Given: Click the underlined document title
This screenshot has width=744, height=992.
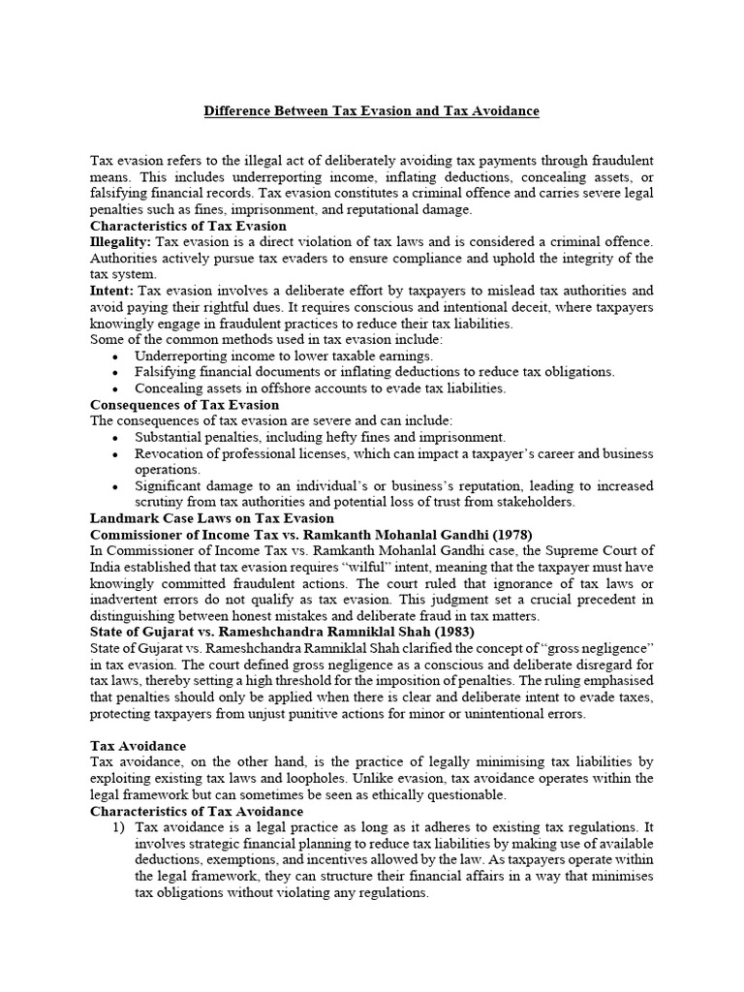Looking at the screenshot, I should [371, 111].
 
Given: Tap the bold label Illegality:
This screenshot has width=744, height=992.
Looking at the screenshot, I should [120, 240].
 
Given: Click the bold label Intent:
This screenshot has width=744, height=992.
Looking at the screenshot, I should [112, 290].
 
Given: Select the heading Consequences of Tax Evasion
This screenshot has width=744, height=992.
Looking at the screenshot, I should [184, 404].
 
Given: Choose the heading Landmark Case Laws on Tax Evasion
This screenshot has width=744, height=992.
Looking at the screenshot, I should [211, 518].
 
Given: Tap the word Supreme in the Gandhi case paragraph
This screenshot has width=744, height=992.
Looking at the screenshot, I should [563, 551].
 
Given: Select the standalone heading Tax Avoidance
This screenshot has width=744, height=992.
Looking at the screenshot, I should [138, 746].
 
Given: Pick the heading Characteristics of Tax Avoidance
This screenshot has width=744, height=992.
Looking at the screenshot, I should [197, 811].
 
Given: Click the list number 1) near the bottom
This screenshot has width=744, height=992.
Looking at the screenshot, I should [119, 827].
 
